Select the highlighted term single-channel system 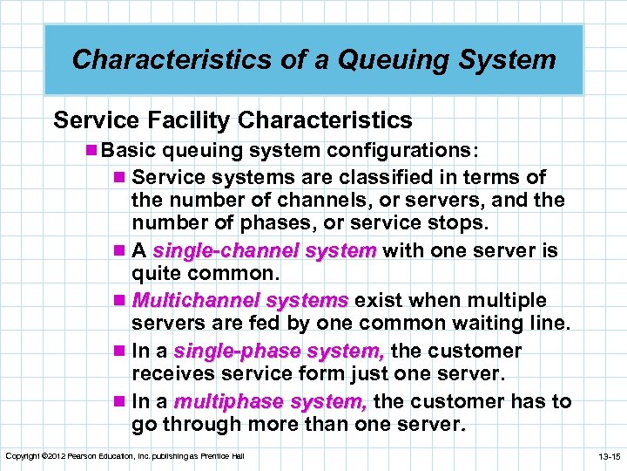coord(265,251)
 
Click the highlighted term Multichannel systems coord(240,301)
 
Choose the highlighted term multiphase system coord(272,401)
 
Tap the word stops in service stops coord(459,223)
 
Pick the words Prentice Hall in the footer coord(225,456)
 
